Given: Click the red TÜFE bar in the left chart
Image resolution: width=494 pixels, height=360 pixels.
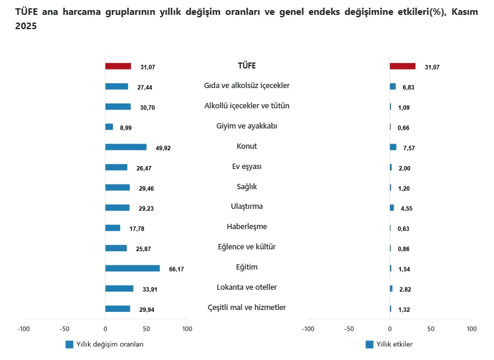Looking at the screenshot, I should pos(118,66).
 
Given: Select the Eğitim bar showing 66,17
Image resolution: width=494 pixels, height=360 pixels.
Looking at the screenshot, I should pos(132,268).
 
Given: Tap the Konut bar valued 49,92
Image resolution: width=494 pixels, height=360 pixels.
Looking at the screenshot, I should pos(126,147).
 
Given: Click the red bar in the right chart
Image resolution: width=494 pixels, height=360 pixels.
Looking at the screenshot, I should pos(402,66).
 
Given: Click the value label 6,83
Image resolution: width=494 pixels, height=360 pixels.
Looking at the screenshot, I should pos(408,87).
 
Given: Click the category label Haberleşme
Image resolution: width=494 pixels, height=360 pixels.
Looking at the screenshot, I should pos(246,227).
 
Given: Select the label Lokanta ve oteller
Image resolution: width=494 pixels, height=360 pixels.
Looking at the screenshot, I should pos(246,287).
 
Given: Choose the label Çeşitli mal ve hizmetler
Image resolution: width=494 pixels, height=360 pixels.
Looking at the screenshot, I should pos(246,308).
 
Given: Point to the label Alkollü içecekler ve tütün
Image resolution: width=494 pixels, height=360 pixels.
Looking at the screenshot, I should pos(246,106).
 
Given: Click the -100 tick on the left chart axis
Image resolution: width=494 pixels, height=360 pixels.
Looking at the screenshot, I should pos(24,328).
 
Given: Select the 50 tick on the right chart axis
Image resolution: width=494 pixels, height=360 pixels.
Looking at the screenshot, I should pos(431,328).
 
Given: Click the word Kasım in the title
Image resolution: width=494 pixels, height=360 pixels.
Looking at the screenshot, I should pos(464,12).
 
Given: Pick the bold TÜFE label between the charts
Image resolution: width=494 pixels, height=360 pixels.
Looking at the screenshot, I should pos(246,65).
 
